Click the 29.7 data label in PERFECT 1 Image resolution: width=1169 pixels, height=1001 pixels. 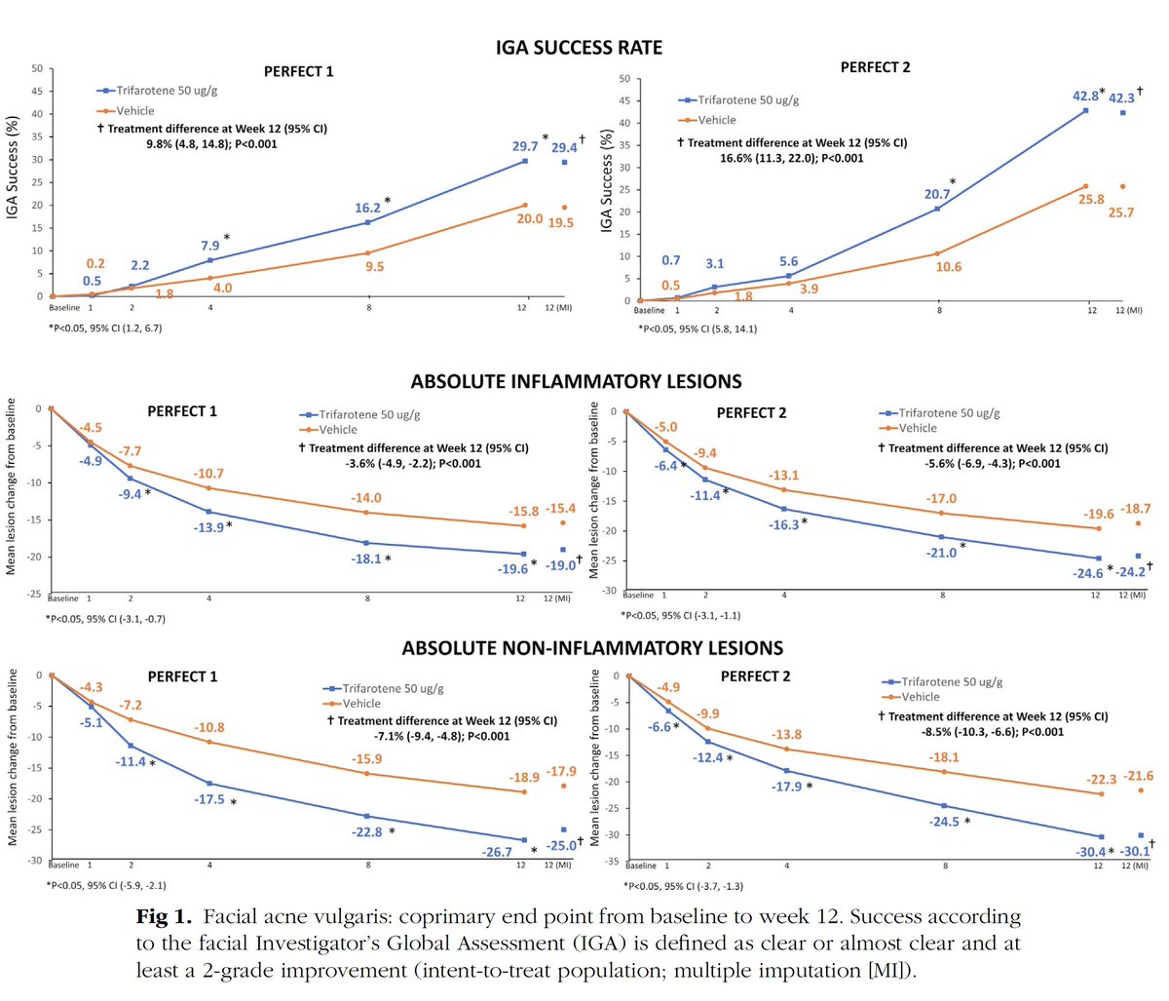pos(526,146)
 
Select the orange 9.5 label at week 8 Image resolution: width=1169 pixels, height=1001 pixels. pos(374,266)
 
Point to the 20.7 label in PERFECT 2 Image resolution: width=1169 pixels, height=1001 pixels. pos(937,194)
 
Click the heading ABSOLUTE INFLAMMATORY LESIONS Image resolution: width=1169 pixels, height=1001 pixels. pos(576,381)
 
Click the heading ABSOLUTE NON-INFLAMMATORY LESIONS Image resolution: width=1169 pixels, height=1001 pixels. pos(592,648)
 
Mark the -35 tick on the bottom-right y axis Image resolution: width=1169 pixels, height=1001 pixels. pos(613,863)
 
